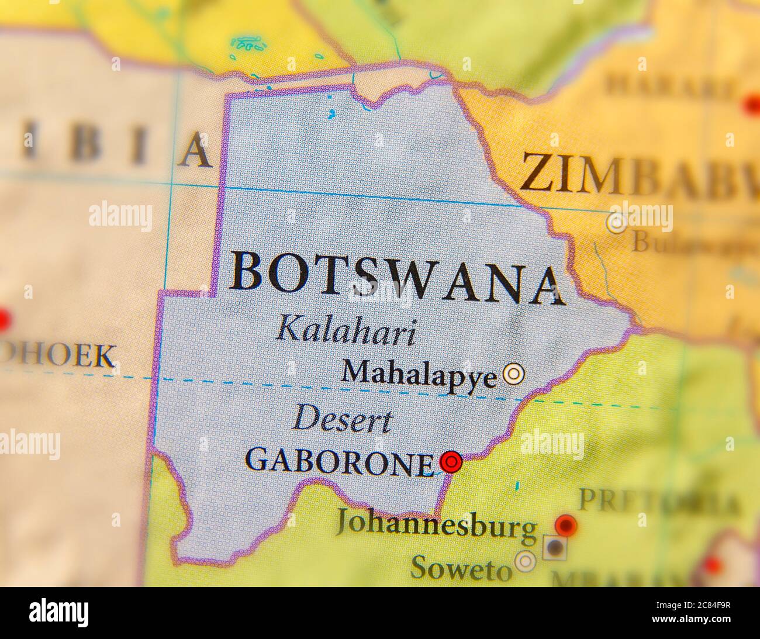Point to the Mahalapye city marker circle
tap(514, 373)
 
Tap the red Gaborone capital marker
tap(451, 462)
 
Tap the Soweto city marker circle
tap(526, 562)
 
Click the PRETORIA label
tap(658, 502)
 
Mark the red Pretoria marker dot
tap(565, 524)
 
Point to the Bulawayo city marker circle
tap(616, 223)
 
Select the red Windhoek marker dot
tap(3, 320)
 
